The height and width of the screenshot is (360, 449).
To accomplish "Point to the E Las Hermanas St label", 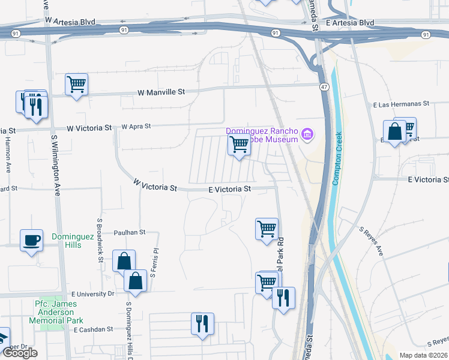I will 402,104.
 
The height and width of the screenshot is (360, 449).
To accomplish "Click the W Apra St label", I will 136,127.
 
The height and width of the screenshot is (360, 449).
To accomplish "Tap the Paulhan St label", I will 130,232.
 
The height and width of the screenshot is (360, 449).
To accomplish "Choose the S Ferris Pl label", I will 154,263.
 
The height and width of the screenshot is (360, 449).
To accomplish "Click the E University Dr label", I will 92,294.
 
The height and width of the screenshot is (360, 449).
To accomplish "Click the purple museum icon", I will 307,133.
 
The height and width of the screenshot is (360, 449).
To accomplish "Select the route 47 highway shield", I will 324,87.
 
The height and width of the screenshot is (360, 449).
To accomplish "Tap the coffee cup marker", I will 32,241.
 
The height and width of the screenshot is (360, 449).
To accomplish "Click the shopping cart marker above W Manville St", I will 77,84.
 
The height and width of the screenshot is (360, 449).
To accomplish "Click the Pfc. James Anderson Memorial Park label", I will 58,312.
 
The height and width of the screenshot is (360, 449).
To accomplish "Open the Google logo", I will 19,353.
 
